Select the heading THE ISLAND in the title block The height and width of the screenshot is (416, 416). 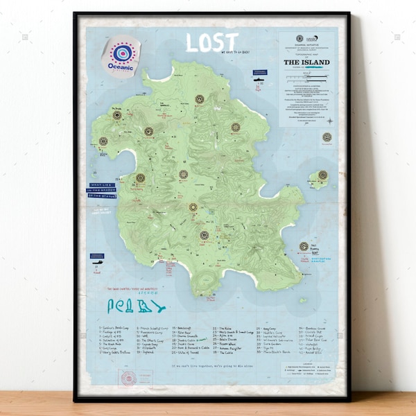[306, 62]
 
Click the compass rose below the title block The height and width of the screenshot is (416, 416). [327, 137]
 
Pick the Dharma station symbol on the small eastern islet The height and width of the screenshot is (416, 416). [322, 175]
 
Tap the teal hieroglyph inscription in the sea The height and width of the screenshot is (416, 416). [136, 306]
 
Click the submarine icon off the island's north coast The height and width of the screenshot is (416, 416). [259, 82]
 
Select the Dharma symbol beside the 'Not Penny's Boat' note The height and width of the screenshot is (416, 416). [304, 246]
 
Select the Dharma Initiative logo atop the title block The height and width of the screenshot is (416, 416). [300, 39]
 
